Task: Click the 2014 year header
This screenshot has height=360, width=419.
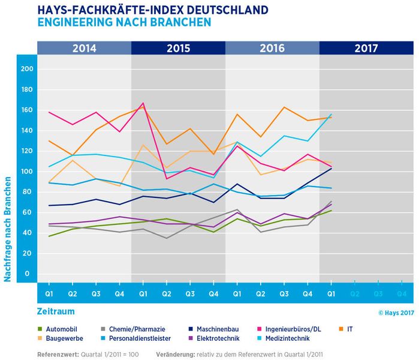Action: (x=84, y=48)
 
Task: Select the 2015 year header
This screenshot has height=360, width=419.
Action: (x=178, y=48)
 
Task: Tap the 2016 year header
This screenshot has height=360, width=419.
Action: (x=272, y=48)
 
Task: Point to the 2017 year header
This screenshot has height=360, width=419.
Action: (x=366, y=48)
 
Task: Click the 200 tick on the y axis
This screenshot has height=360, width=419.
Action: (x=25, y=69)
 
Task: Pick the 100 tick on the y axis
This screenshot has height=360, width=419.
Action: (x=25, y=172)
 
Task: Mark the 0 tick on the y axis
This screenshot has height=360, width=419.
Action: (x=27, y=274)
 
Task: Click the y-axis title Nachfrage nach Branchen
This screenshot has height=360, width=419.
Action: (x=8, y=229)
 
